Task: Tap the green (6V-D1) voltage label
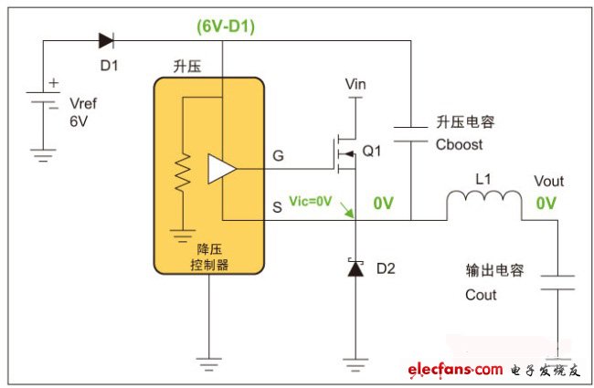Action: (x=226, y=26)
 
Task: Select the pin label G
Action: (x=278, y=156)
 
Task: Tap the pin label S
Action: (x=278, y=207)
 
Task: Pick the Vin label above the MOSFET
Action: (x=355, y=84)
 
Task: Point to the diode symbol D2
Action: (x=355, y=268)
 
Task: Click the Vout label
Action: (x=547, y=181)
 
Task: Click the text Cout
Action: (x=482, y=294)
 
